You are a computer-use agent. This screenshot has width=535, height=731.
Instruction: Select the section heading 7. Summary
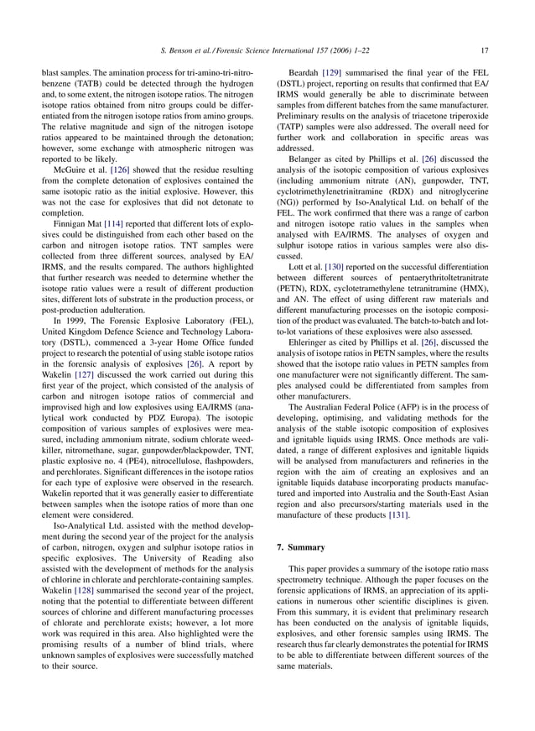point(301,547)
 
